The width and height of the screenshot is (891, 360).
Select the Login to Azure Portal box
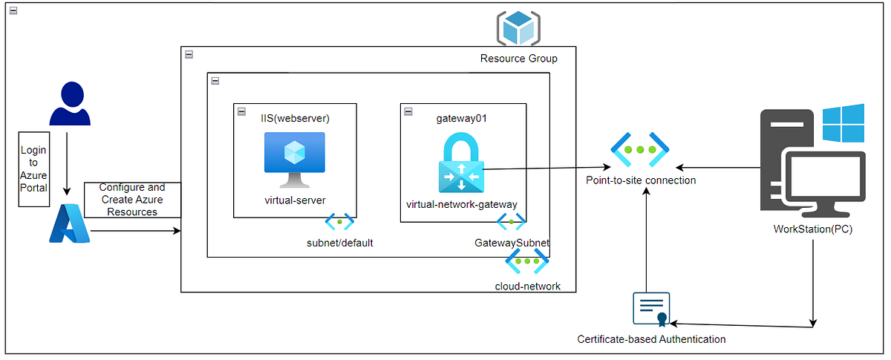tap(33, 169)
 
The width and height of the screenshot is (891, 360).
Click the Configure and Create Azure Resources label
tap(132, 200)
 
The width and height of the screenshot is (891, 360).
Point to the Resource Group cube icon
tap(518, 28)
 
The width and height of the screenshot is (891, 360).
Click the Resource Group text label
tap(518, 59)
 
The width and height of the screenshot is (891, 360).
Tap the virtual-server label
tap(295, 200)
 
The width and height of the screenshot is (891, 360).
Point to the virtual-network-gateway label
tap(461, 204)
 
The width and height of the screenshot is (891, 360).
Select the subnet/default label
tap(339, 243)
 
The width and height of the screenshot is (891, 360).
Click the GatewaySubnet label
tap(511, 243)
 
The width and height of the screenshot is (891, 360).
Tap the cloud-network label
tap(527, 287)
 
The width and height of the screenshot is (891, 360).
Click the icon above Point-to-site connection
tap(640, 149)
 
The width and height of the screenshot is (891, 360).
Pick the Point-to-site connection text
tap(641, 180)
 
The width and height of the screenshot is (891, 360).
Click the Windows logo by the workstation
tap(843, 123)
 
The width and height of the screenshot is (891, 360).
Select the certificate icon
tap(650, 309)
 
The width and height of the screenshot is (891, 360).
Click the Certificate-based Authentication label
tap(651, 339)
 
